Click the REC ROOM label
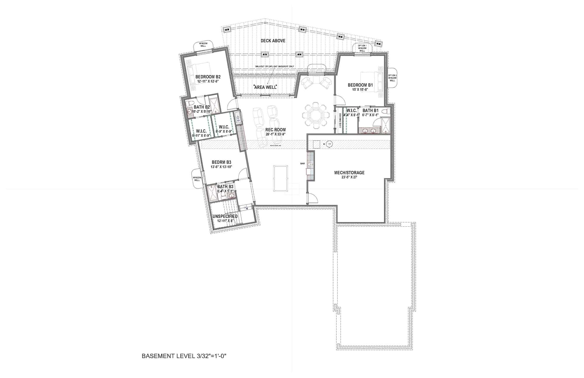tap(275, 130)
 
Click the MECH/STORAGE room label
tap(349, 173)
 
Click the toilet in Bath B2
tap(190, 103)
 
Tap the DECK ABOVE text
tap(273, 41)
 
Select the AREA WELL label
tap(265, 87)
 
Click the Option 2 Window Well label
tap(392, 78)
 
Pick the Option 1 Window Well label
tap(362, 48)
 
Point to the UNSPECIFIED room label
tap(225, 216)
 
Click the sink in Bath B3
tap(232, 195)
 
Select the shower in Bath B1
tap(385, 126)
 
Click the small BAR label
tap(302, 164)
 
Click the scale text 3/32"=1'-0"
tap(211, 356)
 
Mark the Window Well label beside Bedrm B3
tap(197, 179)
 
